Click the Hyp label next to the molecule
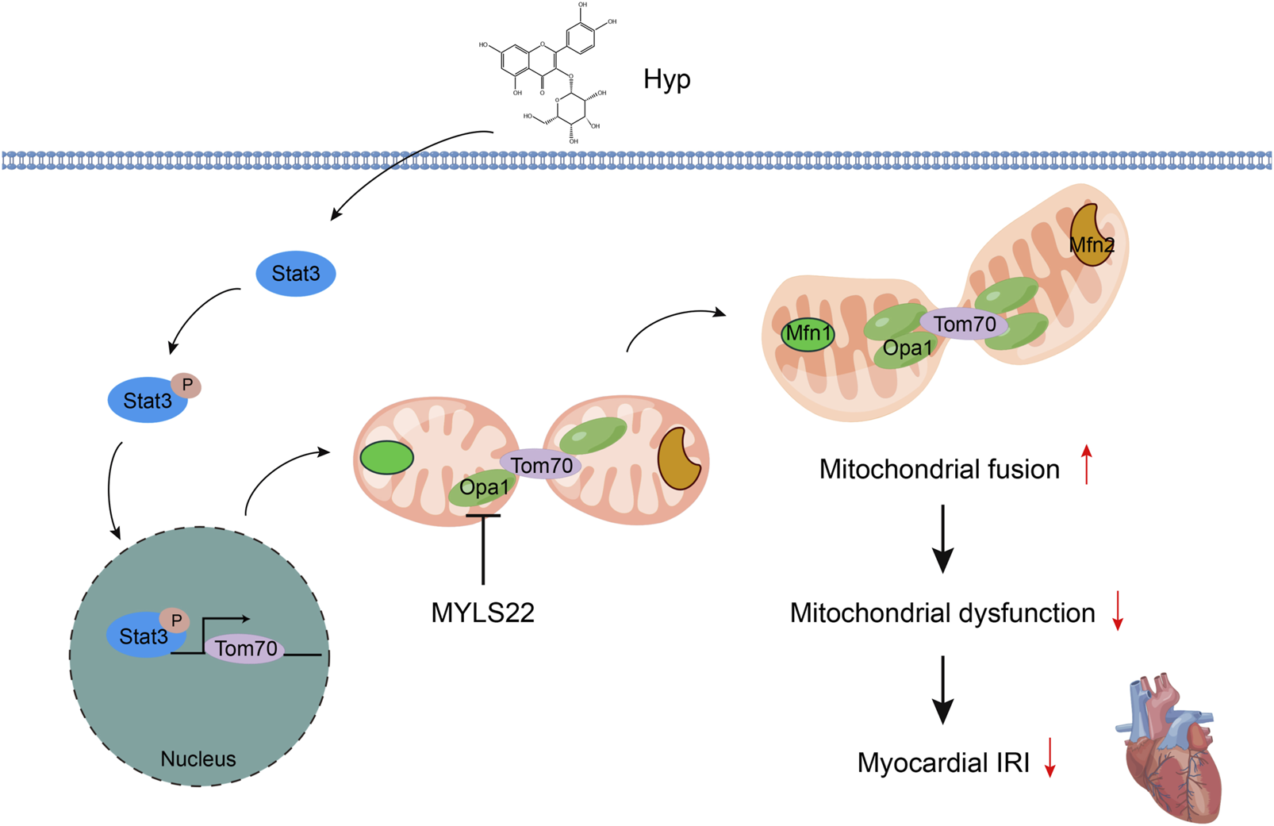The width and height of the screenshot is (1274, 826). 666,79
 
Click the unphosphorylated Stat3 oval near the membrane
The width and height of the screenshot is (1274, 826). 295,274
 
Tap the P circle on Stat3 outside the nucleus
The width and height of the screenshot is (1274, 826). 187,386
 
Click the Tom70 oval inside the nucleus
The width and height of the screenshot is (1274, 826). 246,649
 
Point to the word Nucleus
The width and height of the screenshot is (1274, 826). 198,759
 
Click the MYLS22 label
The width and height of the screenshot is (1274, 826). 482,613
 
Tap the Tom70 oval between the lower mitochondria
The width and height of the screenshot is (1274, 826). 541,465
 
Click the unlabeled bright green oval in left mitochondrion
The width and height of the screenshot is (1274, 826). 386,458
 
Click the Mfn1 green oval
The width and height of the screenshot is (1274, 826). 808,334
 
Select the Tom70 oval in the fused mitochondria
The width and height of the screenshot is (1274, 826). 964,324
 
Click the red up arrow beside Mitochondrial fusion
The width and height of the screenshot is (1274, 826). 1087,465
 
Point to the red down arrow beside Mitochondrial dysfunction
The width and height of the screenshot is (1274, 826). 1118,611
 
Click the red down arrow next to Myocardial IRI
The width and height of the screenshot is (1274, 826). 1050,758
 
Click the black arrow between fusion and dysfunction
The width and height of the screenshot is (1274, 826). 942,540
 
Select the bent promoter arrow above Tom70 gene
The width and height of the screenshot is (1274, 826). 222,622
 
